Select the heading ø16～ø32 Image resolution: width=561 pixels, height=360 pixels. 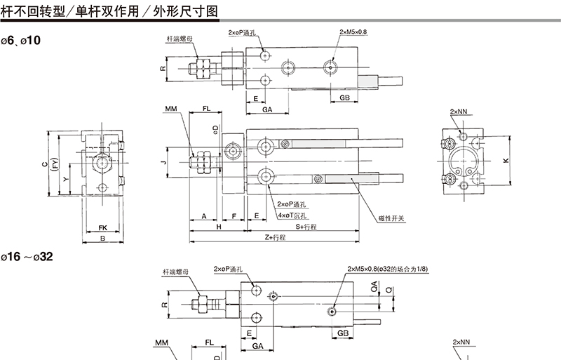(x=26, y=258)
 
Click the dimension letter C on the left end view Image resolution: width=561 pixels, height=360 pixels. (x=43, y=164)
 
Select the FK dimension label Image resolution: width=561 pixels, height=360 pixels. (x=102, y=228)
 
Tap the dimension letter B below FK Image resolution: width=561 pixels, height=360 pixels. (x=102, y=239)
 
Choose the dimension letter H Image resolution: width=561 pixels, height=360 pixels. (x=219, y=227)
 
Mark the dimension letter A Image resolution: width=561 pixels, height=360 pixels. (x=204, y=216)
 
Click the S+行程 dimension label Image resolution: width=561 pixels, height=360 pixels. (x=306, y=227)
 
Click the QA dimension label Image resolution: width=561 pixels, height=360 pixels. (x=374, y=286)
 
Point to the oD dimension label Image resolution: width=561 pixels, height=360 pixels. (x=215, y=129)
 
